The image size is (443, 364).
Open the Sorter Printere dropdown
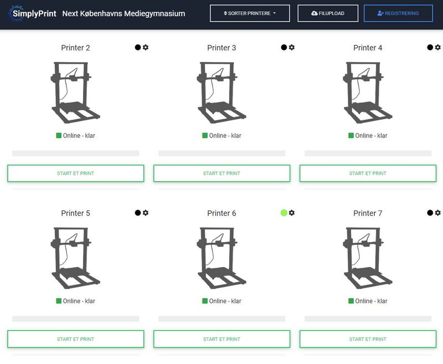pyautogui.click(x=250, y=13)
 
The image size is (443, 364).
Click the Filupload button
pyautogui.click(x=328, y=13)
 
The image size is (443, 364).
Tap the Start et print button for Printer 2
pyautogui.click(x=75, y=173)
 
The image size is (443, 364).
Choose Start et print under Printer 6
pyautogui.click(x=221, y=339)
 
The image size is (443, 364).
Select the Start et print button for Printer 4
pyautogui.click(x=368, y=173)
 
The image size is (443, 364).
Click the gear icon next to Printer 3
pyautogui.click(x=292, y=48)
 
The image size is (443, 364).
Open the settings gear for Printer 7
pyautogui.click(x=438, y=213)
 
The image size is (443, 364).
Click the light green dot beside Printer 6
pyautogui.click(x=284, y=213)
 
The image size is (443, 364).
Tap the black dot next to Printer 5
pyautogui.click(x=138, y=213)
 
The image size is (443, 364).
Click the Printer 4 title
pyautogui.click(x=368, y=48)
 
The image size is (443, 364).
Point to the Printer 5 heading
pyautogui.click(x=75, y=213)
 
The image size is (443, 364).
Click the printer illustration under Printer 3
pyautogui.click(x=221, y=92)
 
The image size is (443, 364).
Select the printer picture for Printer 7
pyautogui.click(x=368, y=258)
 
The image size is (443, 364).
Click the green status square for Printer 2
pyautogui.click(x=59, y=136)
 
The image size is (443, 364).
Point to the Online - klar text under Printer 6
pyautogui.click(x=225, y=301)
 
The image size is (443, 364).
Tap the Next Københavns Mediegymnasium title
pyautogui.click(x=124, y=13)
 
